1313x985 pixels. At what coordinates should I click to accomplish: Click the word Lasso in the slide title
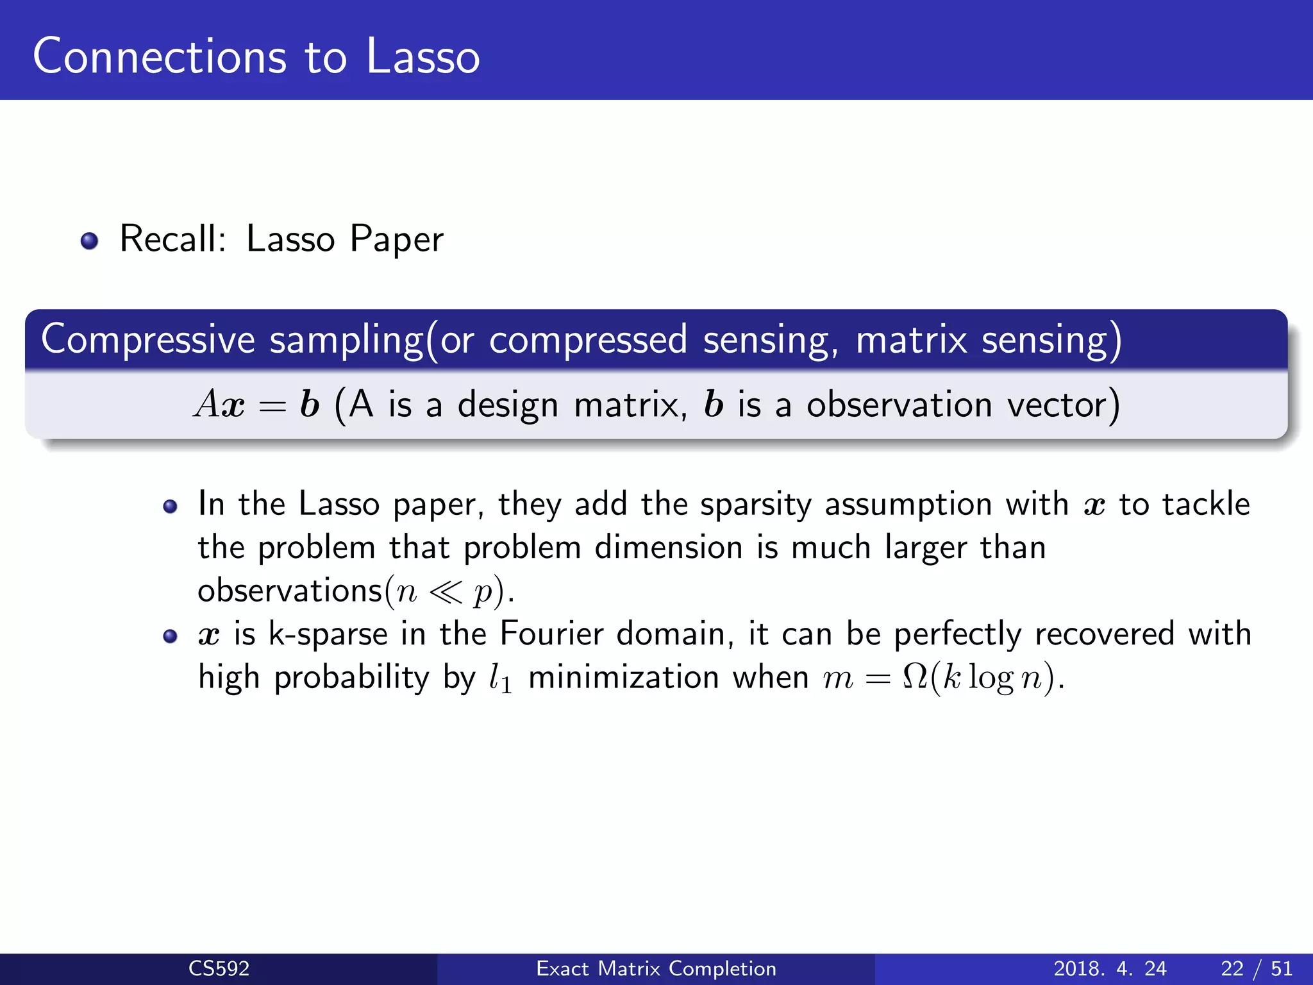pyautogui.click(x=423, y=56)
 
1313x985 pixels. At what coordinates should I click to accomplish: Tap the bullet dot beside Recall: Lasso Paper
pyautogui.click(x=89, y=241)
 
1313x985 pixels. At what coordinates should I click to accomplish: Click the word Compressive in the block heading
pyautogui.click(x=148, y=339)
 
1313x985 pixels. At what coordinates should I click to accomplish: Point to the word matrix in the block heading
pyautogui.click(x=911, y=339)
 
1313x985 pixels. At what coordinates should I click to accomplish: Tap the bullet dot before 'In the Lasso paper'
pyautogui.click(x=170, y=507)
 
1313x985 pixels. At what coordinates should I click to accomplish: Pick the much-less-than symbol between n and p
pyautogui.click(x=445, y=592)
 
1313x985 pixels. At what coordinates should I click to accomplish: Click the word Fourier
pyautogui.click(x=551, y=634)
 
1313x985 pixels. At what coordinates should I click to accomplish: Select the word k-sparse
pyautogui.click(x=328, y=634)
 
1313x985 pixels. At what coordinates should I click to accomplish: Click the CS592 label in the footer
pyautogui.click(x=219, y=968)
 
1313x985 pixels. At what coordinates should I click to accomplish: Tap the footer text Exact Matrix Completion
pyautogui.click(x=656, y=968)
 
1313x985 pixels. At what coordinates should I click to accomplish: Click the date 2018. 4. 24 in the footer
pyautogui.click(x=1110, y=968)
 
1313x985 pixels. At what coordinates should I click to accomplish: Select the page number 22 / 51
pyautogui.click(x=1257, y=968)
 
